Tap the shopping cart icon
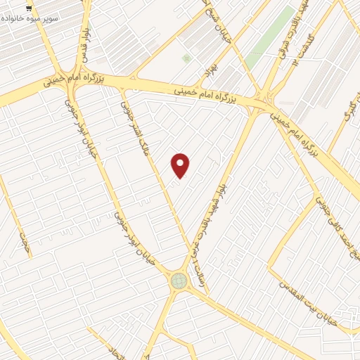(x=28, y=8)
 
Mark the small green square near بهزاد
(x=186, y=58)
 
